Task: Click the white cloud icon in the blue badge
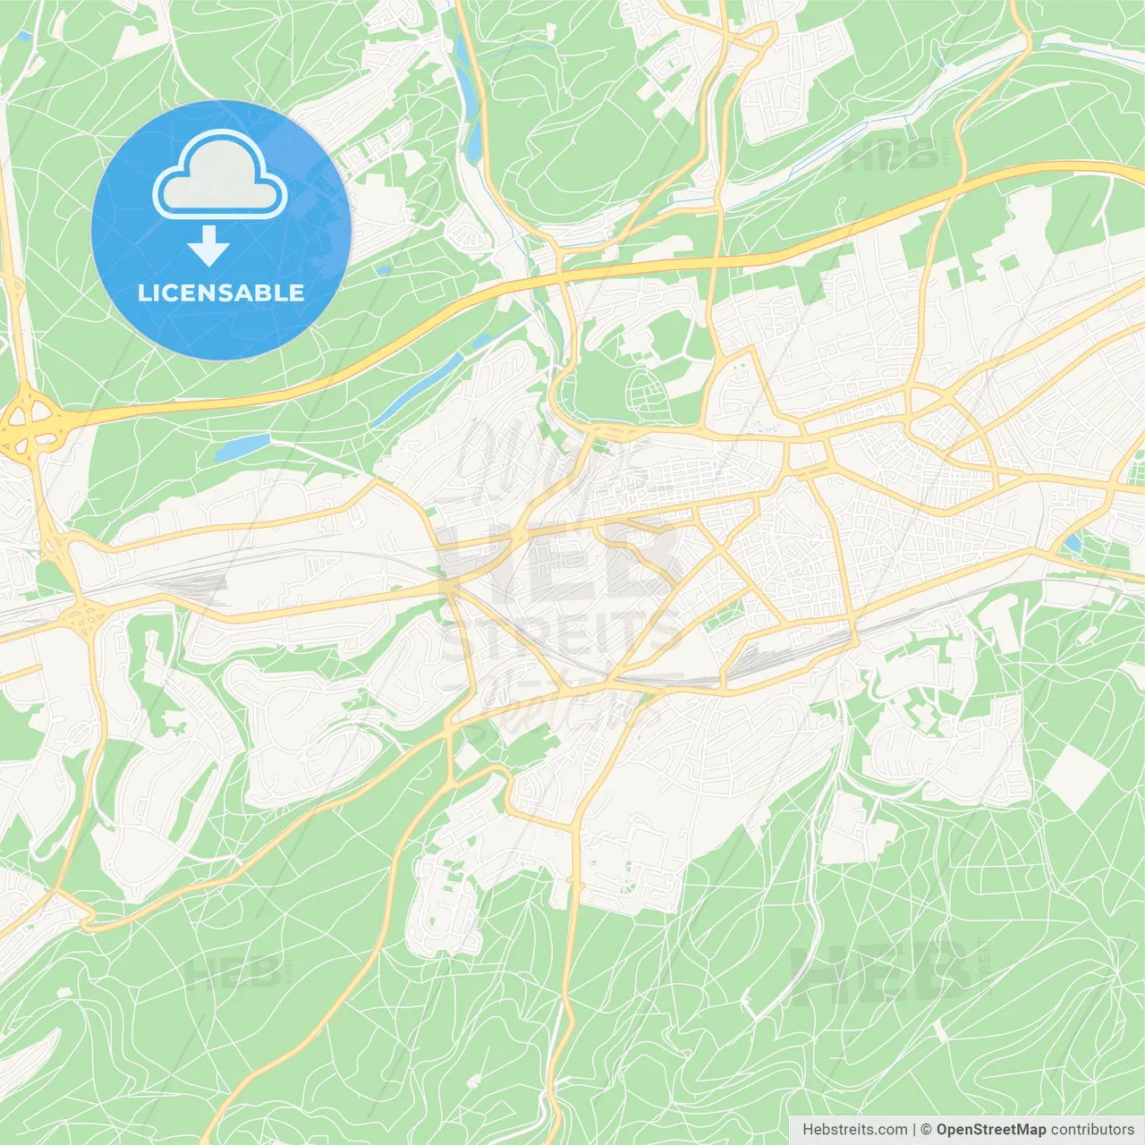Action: click(x=220, y=175)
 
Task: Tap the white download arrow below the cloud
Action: click(x=208, y=246)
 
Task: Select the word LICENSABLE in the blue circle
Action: click(x=221, y=293)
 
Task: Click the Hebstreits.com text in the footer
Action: click(x=854, y=1130)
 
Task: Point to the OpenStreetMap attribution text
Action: click(x=990, y=1130)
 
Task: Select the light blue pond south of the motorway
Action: click(x=242, y=445)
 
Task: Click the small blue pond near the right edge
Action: click(x=1071, y=542)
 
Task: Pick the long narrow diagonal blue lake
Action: click(x=419, y=389)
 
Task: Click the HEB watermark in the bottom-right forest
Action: click(x=881, y=971)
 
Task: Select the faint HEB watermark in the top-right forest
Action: click(x=890, y=157)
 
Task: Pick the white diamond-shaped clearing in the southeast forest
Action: click(x=1075, y=776)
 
